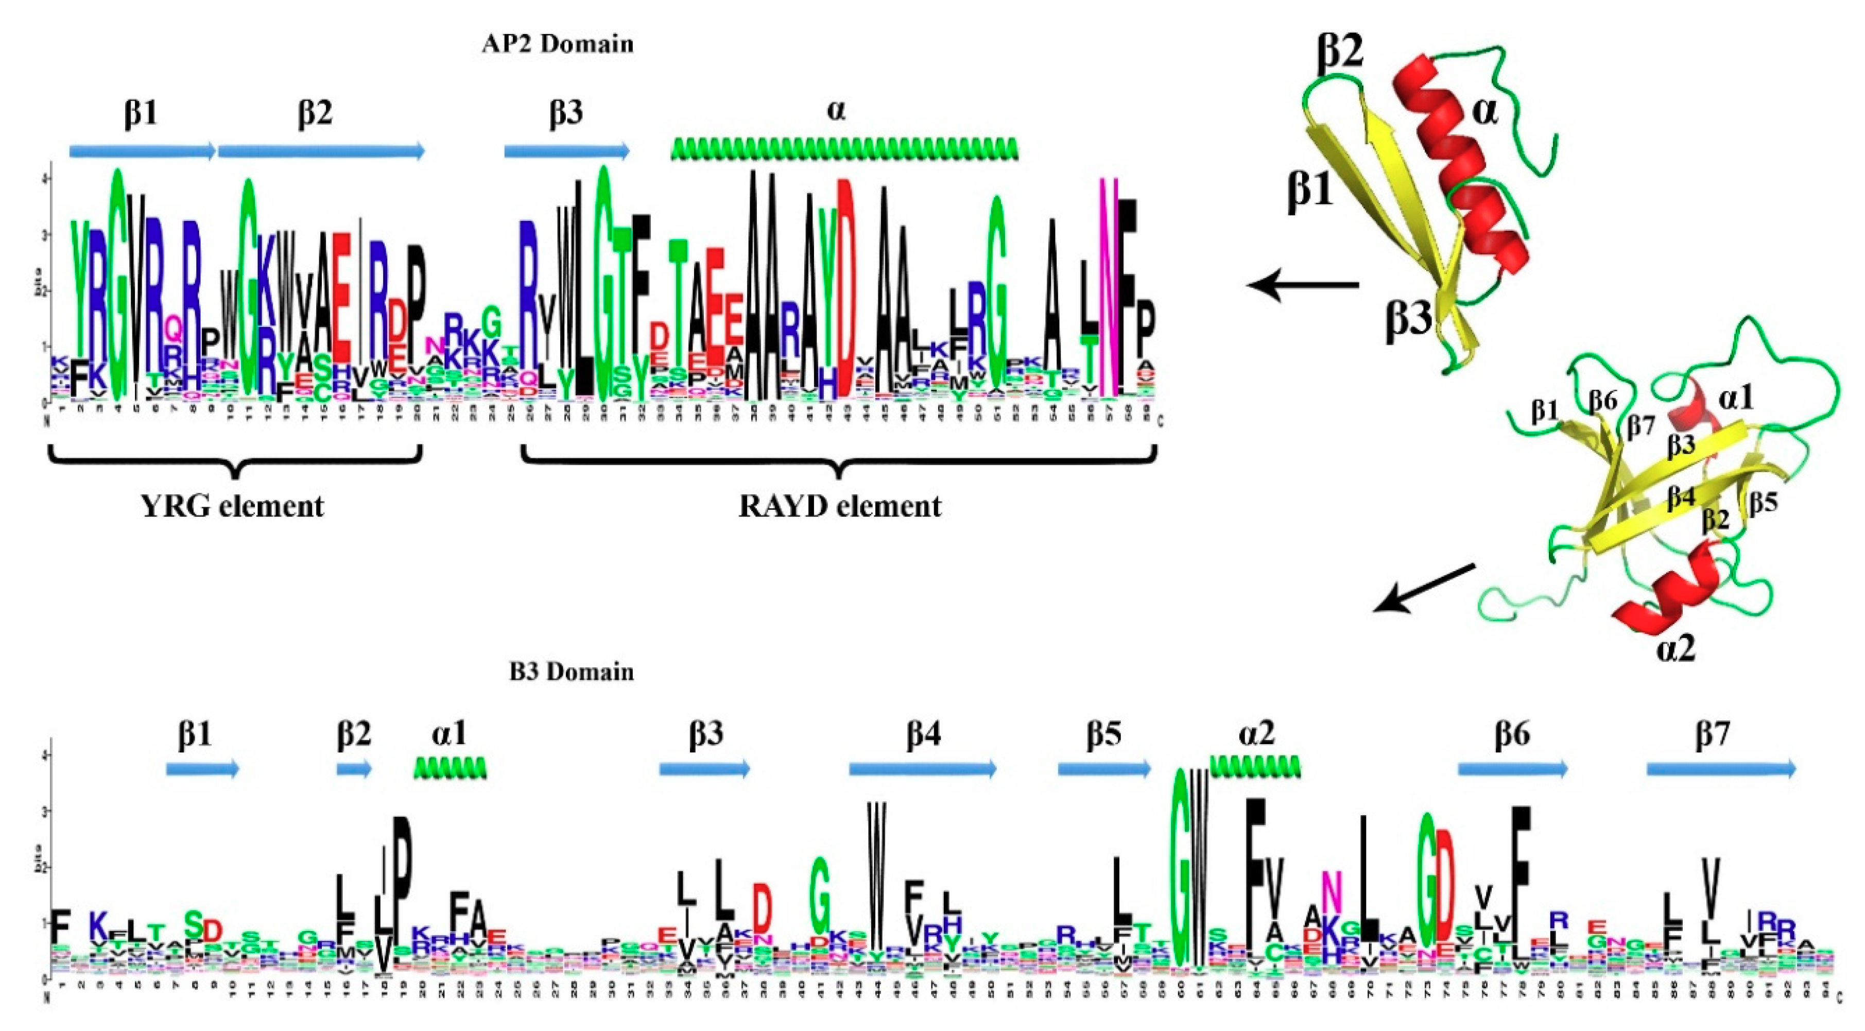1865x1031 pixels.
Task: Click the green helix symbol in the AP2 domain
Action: [x=844, y=149]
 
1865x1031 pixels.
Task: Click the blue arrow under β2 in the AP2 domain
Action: [x=321, y=150]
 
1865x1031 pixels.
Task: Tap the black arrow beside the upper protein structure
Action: [x=1303, y=285]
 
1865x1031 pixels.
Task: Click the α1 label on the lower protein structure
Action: [x=1736, y=398]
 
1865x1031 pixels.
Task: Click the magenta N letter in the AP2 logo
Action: [x=1108, y=289]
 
